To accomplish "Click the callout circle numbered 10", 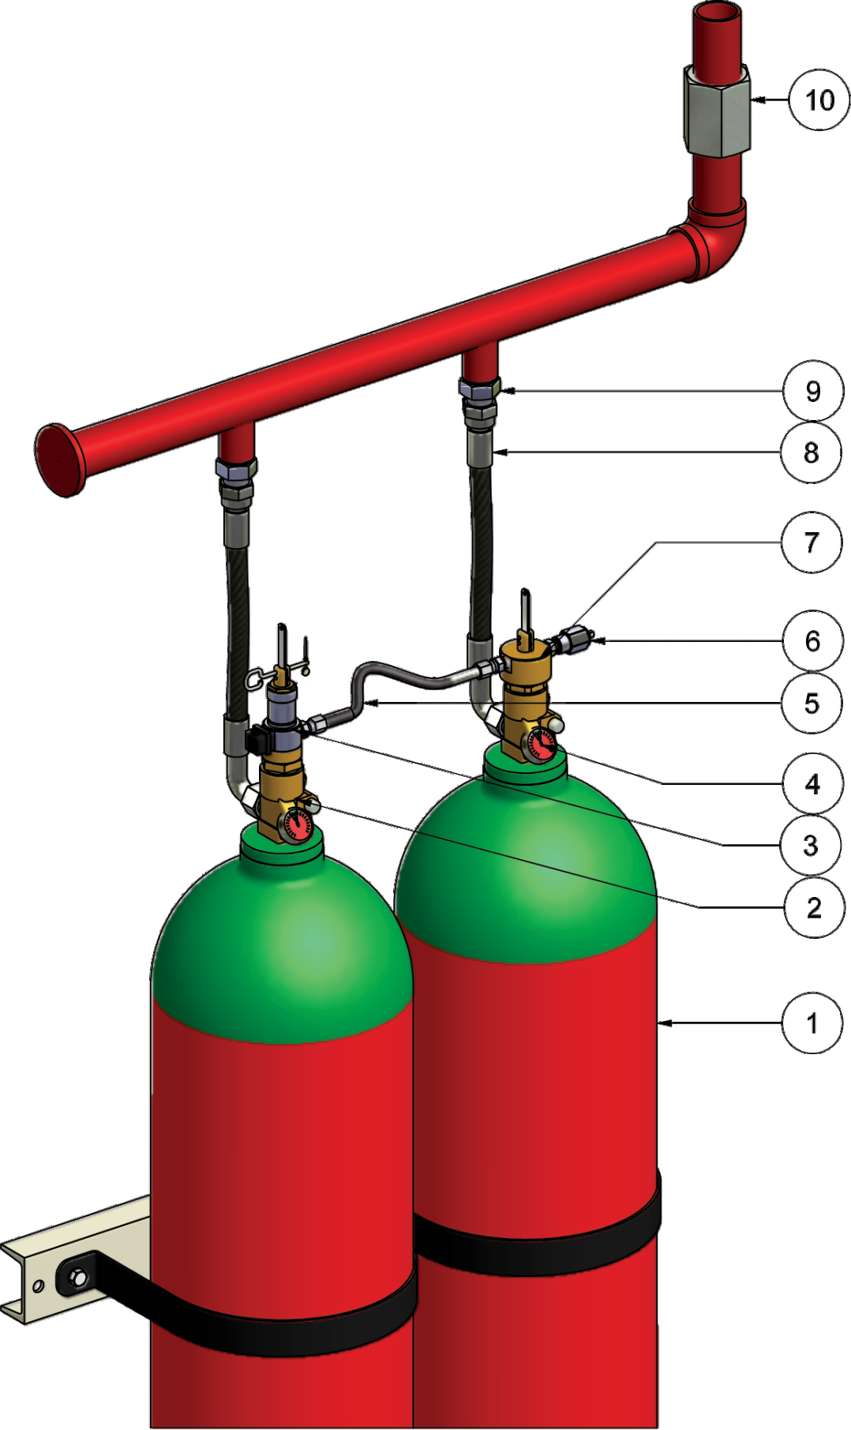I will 819,100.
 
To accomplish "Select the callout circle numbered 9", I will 812,391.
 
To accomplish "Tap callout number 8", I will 811,452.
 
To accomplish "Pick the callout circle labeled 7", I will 811,542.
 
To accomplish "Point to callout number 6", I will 812,640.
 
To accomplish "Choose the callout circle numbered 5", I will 812,703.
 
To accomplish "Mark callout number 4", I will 812,784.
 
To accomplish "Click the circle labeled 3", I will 811,846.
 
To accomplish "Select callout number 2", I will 814,908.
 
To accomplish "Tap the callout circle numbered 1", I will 812,1023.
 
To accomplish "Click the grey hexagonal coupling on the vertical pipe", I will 718,111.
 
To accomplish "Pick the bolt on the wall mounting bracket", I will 77,1276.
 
